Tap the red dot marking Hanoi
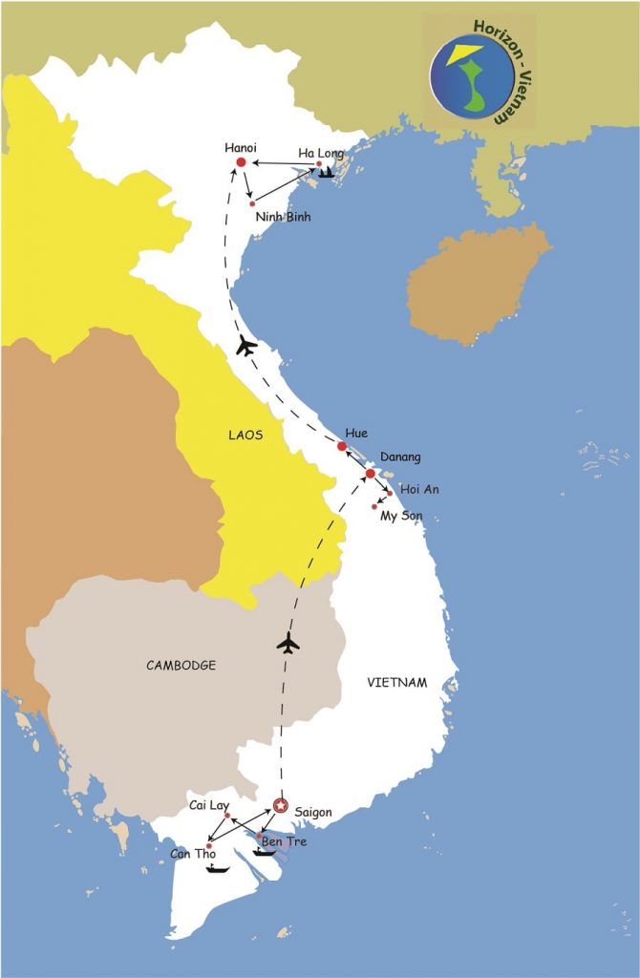[x=241, y=163]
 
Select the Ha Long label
[x=320, y=152]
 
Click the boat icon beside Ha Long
[x=328, y=172]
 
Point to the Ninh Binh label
[x=283, y=217]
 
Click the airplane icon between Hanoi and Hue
[x=246, y=346]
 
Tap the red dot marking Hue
[x=342, y=446]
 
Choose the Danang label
[x=400, y=457]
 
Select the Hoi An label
[x=419, y=489]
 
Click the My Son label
[x=401, y=516]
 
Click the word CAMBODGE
[x=181, y=666]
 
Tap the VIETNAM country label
[x=396, y=682]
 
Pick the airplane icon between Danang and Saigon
[x=288, y=644]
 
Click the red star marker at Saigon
[x=280, y=805]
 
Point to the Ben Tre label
[x=286, y=841]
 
